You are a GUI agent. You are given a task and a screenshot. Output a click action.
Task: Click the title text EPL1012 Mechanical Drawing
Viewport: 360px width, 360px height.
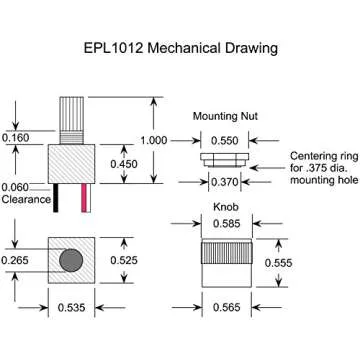click(181, 48)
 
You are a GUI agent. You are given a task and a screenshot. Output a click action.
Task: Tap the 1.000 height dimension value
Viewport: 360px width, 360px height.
click(153, 140)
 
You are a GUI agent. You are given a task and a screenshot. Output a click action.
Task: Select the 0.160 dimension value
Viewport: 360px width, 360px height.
click(15, 137)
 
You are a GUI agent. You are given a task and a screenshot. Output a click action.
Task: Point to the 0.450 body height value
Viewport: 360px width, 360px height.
click(124, 164)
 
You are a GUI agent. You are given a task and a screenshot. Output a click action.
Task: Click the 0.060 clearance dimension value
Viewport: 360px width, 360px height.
click(15, 187)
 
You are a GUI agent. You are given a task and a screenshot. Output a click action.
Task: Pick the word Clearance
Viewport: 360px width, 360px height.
click(26, 199)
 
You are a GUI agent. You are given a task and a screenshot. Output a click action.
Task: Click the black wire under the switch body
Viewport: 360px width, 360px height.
click(56, 198)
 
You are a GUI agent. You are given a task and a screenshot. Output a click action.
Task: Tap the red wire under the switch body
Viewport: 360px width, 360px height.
click(84, 198)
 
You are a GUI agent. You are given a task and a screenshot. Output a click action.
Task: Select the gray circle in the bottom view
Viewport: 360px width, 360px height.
click(71, 260)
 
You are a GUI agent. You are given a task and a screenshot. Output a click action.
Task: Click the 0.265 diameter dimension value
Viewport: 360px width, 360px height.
click(15, 260)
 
